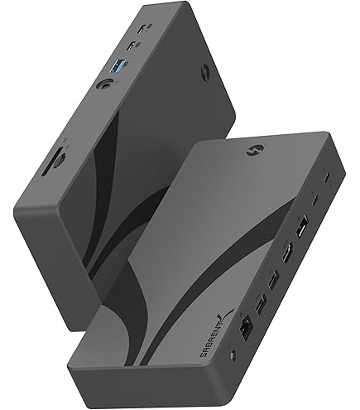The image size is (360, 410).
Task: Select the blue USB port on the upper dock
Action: click(x=116, y=65)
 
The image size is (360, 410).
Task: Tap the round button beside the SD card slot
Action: click(x=60, y=161)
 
